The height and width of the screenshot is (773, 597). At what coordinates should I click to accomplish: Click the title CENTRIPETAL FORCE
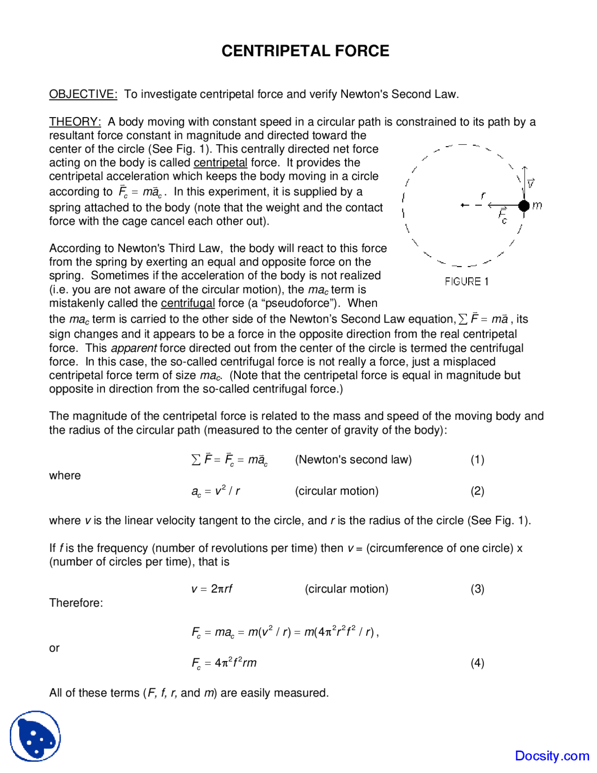305,51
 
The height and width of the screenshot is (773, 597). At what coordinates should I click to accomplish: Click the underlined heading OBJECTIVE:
83,94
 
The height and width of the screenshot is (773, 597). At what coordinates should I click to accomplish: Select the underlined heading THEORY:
75,122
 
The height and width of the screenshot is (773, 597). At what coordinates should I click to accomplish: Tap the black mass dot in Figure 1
524,205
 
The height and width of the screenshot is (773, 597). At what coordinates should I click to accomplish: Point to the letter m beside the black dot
537,205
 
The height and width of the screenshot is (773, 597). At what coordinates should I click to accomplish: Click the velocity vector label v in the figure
531,183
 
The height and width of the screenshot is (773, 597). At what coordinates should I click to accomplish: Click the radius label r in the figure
483,196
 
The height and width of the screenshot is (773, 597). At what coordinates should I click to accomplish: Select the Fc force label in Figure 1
503,216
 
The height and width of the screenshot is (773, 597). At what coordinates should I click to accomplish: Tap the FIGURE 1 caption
466,281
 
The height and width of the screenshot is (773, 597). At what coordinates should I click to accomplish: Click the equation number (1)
477,460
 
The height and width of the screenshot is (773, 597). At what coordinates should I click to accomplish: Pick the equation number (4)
477,663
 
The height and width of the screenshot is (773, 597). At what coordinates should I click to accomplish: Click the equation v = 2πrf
212,589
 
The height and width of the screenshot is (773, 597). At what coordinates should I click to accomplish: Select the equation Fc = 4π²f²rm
224,663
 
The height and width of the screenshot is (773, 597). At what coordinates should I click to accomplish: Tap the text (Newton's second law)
353,460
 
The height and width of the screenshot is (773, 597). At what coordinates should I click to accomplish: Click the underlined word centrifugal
187,303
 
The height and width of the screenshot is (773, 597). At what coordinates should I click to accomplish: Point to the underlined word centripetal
220,163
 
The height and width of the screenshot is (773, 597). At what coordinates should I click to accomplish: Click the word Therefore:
76,603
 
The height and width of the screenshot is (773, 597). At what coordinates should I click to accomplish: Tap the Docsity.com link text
552,756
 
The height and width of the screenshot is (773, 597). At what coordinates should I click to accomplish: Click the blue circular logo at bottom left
35,736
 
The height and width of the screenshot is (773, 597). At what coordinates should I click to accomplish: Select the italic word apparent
134,348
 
